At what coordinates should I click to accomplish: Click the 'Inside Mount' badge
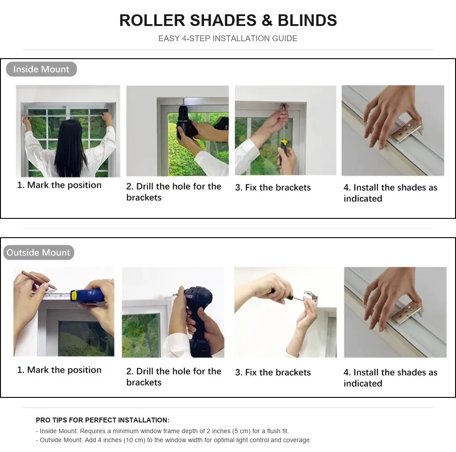[x=41, y=69]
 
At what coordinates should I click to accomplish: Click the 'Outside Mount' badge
[x=38, y=252]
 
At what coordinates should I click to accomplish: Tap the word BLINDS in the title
[x=307, y=20]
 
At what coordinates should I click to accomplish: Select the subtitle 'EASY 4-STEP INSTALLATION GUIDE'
[x=228, y=38]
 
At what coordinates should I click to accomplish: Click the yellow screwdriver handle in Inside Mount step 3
[x=284, y=144]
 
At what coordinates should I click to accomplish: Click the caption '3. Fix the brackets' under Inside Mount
[x=273, y=188]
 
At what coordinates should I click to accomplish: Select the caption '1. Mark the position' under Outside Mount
[x=60, y=370]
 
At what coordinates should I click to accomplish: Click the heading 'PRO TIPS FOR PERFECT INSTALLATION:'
[x=102, y=420]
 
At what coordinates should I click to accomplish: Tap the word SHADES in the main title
[x=223, y=20]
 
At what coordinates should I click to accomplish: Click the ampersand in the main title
[x=267, y=20]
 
